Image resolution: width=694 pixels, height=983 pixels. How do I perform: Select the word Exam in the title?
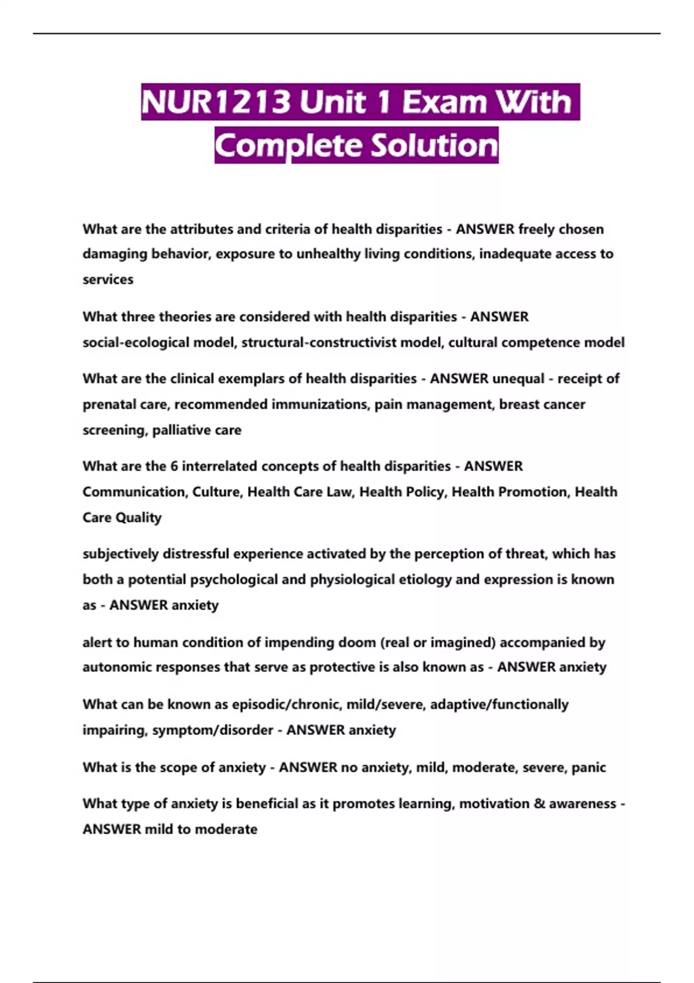pos(444,102)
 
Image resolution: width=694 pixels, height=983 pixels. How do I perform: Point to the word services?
pos(108,279)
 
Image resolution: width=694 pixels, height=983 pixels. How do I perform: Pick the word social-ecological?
pos(136,342)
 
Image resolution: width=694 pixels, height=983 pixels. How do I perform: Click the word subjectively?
pos(121,554)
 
